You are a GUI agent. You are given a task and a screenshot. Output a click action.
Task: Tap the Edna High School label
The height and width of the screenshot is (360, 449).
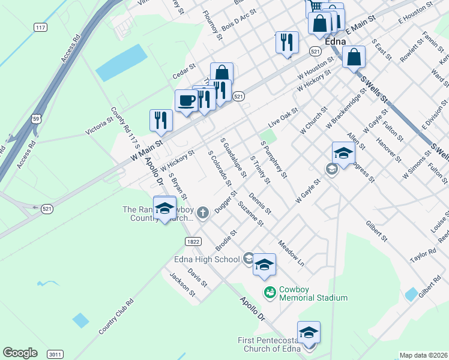tap(206, 259)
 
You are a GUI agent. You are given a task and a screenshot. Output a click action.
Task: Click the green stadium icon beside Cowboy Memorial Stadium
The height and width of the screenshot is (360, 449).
tap(270, 292)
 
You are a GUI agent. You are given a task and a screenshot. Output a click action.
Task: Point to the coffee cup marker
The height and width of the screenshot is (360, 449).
tap(186, 101)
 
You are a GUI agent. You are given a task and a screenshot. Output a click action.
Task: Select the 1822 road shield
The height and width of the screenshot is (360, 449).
tap(193, 241)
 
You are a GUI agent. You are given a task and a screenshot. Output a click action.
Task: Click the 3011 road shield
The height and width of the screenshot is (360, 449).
tap(55, 354)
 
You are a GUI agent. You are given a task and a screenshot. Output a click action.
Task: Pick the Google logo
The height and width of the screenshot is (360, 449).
tap(20, 353)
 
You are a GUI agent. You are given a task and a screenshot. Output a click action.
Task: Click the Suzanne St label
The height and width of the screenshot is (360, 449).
tap(250, 214)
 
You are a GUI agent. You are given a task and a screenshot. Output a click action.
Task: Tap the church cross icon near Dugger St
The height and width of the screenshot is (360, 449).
tap(203, 212)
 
